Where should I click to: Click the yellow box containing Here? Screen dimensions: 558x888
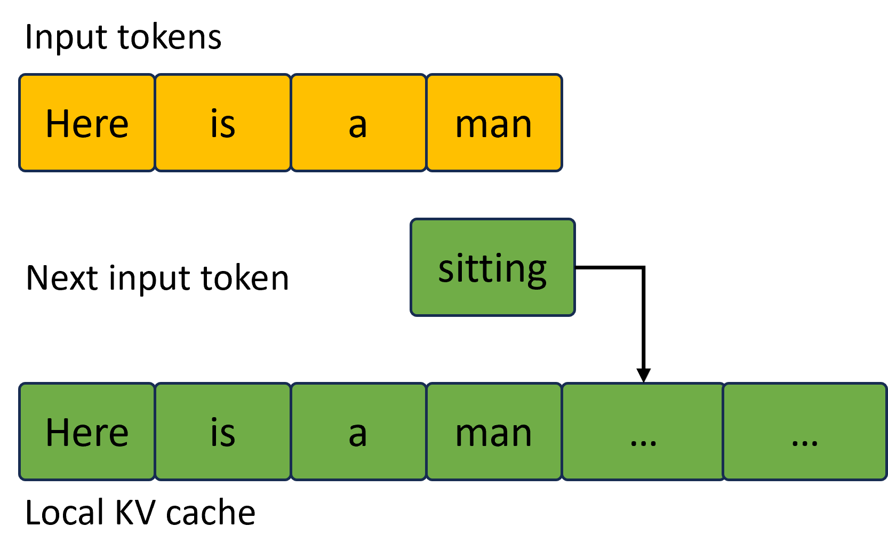(x=87, y=123)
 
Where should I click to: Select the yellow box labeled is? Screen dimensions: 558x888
(x=223, y=123)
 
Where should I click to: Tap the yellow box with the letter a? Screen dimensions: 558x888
(x=358, y=123)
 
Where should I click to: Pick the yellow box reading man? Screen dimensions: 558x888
(x=494, y=123)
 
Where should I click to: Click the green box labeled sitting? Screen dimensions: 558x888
(x=492, y=267)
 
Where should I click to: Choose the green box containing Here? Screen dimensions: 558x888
(x=87, y=432)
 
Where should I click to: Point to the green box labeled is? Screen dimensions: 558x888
(x=223, y=432)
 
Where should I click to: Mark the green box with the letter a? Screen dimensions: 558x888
(x=358, y=432)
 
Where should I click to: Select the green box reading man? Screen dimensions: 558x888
(x=494, y=432)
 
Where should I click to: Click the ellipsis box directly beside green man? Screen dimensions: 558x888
(x=643, y=432)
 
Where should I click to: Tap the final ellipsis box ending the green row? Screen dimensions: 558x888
(x=804, y=432)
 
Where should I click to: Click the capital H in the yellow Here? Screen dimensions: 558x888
(x=58, y=124)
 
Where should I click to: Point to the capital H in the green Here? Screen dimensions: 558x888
(x=58, y=432)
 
